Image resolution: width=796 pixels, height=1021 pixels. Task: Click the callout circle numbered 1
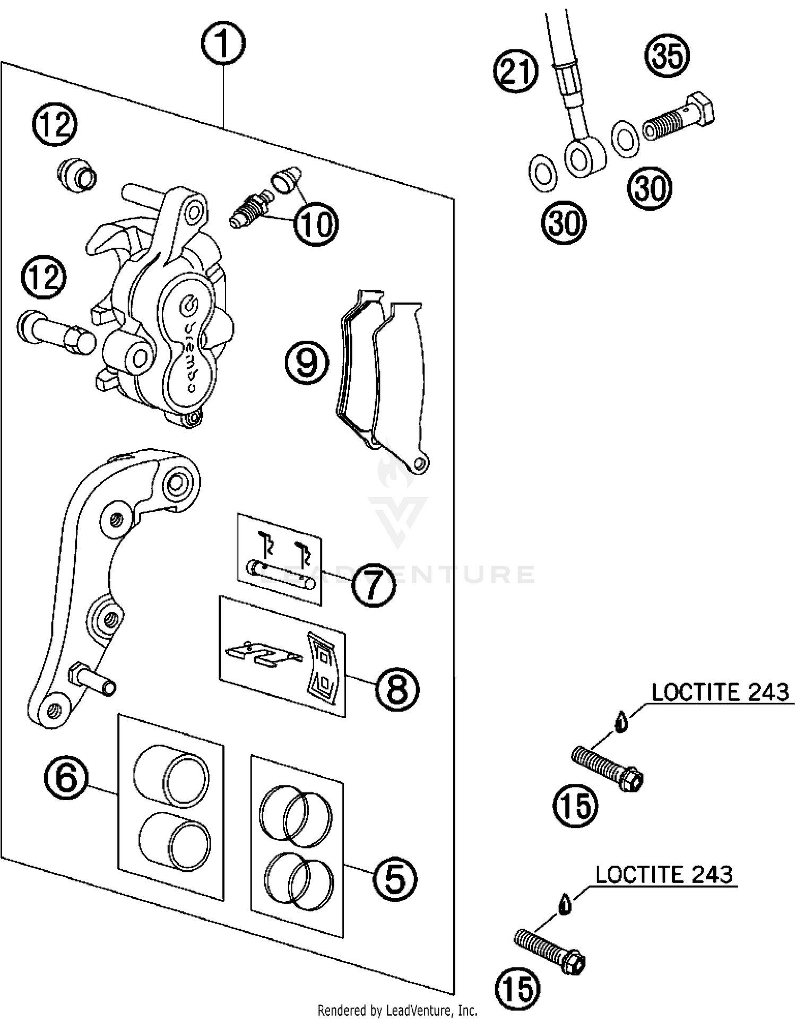(x=223, y=44)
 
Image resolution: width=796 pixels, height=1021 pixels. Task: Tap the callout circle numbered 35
(x=667, y=56)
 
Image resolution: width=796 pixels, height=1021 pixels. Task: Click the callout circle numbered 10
(x=316, y=223)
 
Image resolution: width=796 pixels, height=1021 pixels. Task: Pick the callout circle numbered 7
(x=374, y=585)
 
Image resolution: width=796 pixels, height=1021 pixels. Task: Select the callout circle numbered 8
(x=397, y=690)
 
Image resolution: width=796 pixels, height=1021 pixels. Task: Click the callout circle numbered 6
(x=66, y=778)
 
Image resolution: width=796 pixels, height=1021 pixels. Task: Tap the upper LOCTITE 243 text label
(x=720, y=693)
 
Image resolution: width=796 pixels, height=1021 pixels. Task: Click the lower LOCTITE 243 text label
(x=663, y=874)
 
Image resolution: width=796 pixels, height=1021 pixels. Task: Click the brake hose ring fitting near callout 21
(x=585, y=157)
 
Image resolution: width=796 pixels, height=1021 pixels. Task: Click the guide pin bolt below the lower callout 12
(x=56, y=333)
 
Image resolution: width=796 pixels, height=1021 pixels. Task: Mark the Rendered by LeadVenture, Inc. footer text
(x=397, y=1010)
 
